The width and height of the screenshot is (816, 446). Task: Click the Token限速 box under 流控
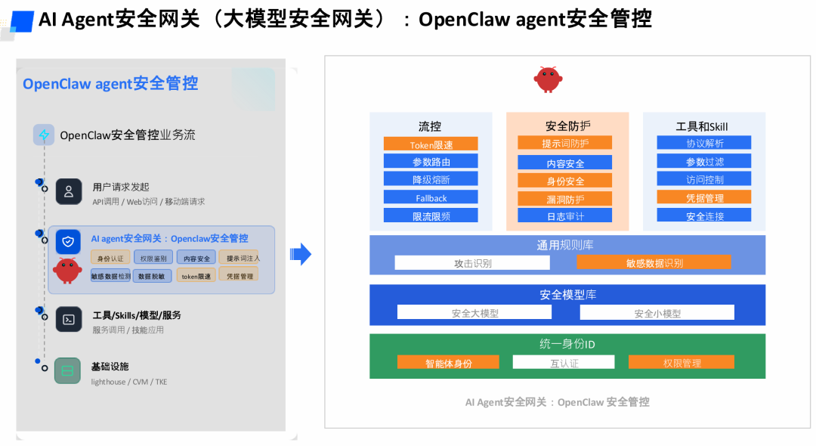[x=431, y=144]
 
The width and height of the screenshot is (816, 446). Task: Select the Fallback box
[x=431, y=197]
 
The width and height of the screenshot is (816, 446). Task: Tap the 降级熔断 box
[x=431, y=179]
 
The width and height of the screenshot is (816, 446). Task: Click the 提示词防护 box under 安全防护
[x=564, y=143]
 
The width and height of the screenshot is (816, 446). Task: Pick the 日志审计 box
[x=564, y=215]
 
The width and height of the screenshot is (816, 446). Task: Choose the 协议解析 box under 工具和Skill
[x=703, y=143]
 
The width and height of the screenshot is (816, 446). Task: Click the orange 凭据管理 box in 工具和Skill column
[x=703, y=197]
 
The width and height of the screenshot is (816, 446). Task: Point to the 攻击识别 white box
[x=473, y=262]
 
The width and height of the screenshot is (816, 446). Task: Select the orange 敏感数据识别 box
[x=654, y=262]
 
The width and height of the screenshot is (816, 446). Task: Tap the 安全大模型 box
[x=474, y=312]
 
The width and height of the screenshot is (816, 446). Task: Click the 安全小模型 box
[x=657, y=312]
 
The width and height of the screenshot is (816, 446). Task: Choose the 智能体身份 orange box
[x=448, y=362]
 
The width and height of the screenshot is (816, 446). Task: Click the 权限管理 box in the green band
[x=682, y=362]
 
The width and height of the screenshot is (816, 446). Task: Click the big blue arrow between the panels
[x=301, y=254]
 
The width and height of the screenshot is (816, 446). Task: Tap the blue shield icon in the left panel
[x=68, y=241]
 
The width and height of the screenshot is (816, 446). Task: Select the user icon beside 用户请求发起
[x=68, y=191]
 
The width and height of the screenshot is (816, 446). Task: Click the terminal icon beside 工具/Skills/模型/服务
[x=68, y=319]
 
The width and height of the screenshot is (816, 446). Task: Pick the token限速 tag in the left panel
[x=196, y=276]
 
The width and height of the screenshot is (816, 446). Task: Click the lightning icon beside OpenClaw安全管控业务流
[x=44, y=135]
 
